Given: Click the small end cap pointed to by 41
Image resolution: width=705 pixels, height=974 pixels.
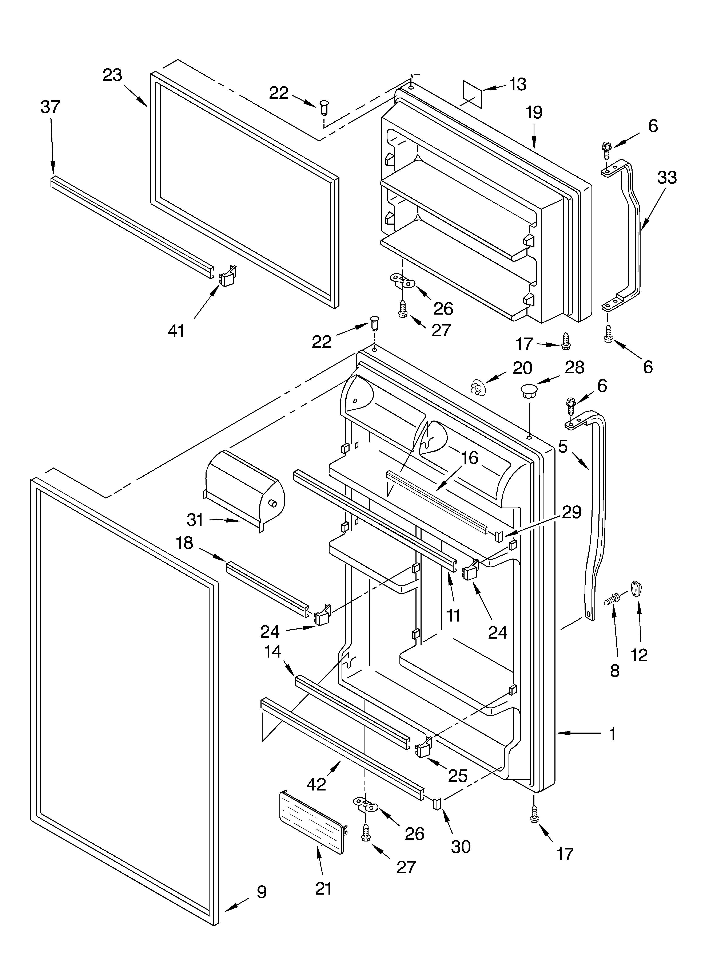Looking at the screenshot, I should click(228, 275).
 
